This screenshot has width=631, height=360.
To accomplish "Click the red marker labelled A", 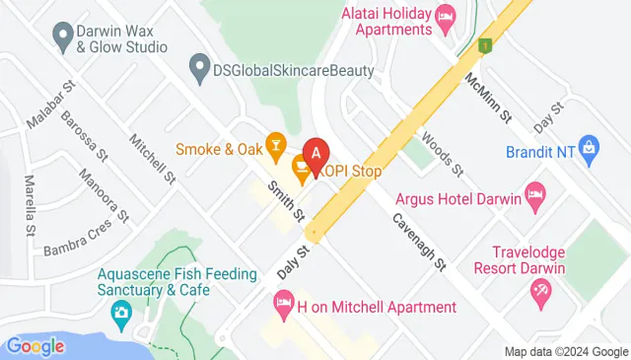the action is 315,155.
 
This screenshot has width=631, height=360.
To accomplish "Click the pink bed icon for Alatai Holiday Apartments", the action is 445,15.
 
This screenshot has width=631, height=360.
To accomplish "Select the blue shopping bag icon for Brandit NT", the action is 590,150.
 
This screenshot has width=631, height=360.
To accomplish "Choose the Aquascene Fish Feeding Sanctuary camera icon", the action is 121,316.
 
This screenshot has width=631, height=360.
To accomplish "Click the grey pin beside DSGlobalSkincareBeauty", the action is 198,70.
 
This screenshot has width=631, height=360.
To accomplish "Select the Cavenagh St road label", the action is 419,242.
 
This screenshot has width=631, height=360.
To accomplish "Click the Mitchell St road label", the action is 151,158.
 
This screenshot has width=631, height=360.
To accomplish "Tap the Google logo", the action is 35,346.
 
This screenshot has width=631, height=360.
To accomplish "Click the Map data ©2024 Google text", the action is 566,352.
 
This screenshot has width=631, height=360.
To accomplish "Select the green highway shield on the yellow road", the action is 484,45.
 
